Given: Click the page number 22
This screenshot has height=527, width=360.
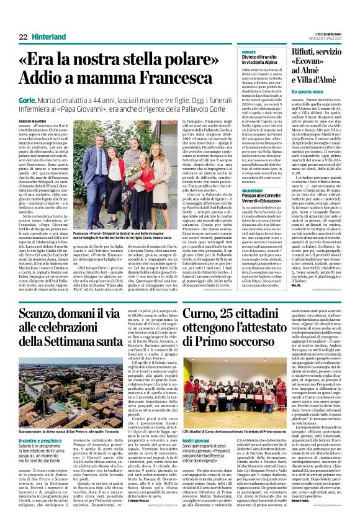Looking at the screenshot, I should pyautogui.click(x=23, y=37).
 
